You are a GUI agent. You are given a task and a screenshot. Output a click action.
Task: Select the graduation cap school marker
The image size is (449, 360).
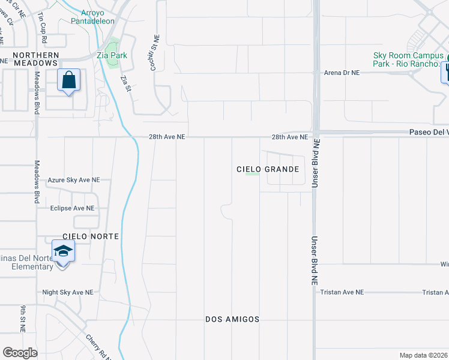(63, 251)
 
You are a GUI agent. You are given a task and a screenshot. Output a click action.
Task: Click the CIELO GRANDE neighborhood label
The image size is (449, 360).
(268, 169)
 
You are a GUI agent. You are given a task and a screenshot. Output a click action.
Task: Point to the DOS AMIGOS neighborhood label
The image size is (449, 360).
(232, 319)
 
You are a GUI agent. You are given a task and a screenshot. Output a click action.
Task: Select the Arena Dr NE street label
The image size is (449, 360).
(342, 73)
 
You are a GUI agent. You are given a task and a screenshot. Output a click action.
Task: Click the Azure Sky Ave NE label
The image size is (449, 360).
(74, 180)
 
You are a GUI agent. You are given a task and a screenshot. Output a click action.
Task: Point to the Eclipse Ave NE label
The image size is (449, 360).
(73, 208)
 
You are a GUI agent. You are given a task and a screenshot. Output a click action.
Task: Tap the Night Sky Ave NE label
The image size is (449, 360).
(68, 292)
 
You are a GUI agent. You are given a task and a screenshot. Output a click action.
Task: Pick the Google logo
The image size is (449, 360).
(20, 352)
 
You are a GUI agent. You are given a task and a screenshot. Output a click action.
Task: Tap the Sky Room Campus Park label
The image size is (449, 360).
(408, 59)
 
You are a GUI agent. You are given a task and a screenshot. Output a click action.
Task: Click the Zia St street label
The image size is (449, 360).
(125, 83)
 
